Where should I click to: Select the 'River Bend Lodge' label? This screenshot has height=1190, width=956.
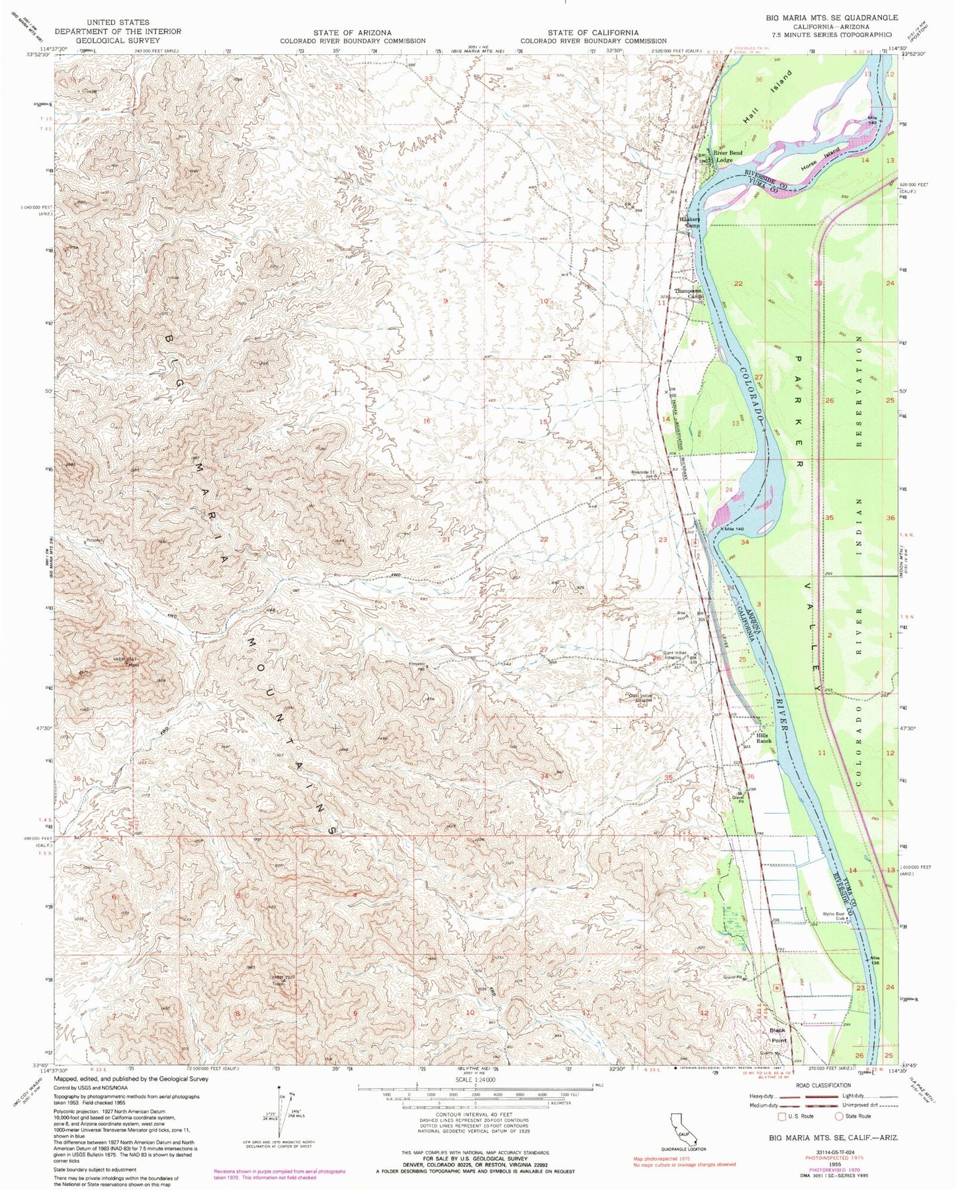click(x=727, y=156)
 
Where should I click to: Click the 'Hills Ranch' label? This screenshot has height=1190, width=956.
click(x=764, y=738)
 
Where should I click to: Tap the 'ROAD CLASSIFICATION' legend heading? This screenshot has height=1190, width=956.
click(x=824, y=1085)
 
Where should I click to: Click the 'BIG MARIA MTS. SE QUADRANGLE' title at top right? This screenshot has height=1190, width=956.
click(x=832, y=18)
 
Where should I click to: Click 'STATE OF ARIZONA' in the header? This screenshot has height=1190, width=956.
click(x=353, y=32)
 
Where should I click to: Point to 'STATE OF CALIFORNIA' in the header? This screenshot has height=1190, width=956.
click(x=593, y=32)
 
